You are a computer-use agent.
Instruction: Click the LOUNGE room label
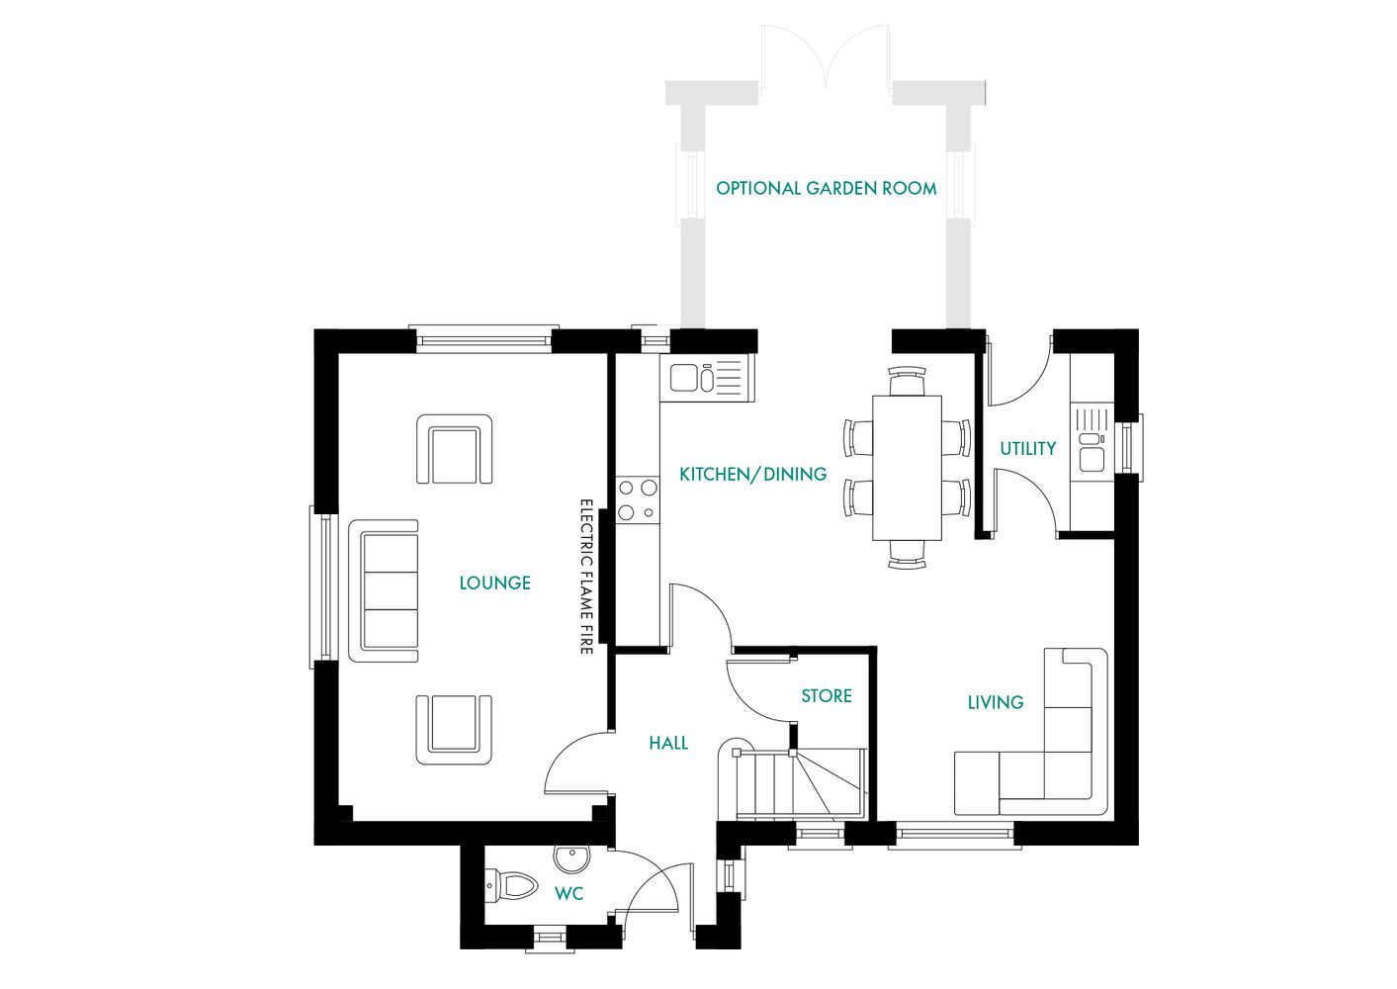(494, 584)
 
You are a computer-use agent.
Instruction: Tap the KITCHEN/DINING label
(752, 475)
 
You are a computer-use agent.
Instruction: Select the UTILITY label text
(1027, 449)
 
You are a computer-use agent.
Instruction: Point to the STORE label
(826, 696)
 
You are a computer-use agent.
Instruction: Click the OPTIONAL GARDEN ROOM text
(826, 188)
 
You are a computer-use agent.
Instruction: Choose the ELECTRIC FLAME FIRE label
(585, 576)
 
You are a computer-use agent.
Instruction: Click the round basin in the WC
(571, 858)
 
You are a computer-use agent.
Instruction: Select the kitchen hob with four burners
(638, 499)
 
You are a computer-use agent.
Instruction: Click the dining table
(907, 467)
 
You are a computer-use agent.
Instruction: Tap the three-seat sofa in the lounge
(385, 590)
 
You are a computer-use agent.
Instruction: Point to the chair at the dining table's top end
(907, 381)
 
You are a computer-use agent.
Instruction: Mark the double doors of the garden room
(826, 59)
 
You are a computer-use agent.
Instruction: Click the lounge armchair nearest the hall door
(454, 729)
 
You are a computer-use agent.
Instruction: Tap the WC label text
(568, 894)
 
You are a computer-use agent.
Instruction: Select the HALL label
(668, 743)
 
